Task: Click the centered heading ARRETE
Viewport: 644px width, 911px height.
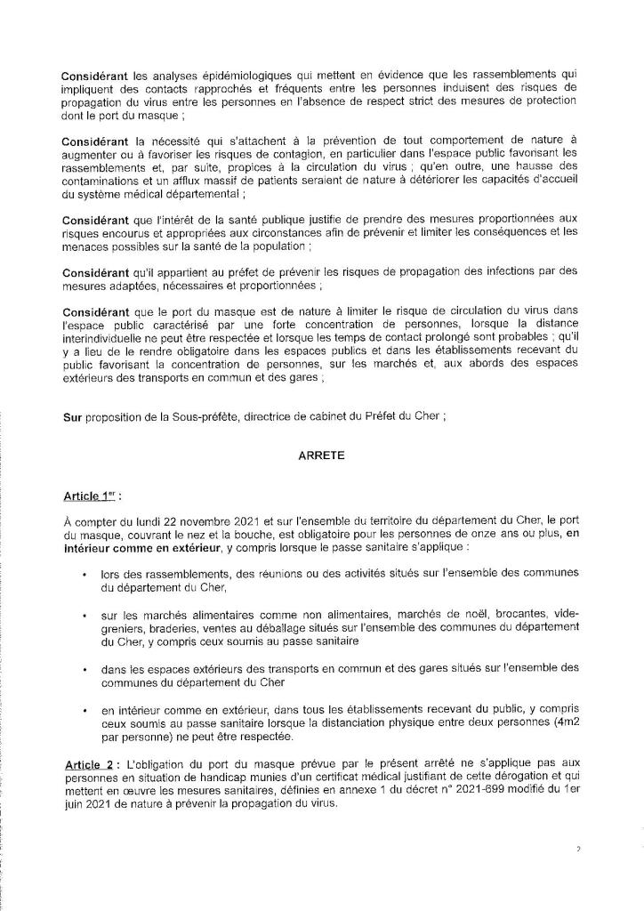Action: click(321, 453)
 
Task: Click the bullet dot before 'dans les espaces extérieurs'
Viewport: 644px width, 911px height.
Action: click(84, 666)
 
